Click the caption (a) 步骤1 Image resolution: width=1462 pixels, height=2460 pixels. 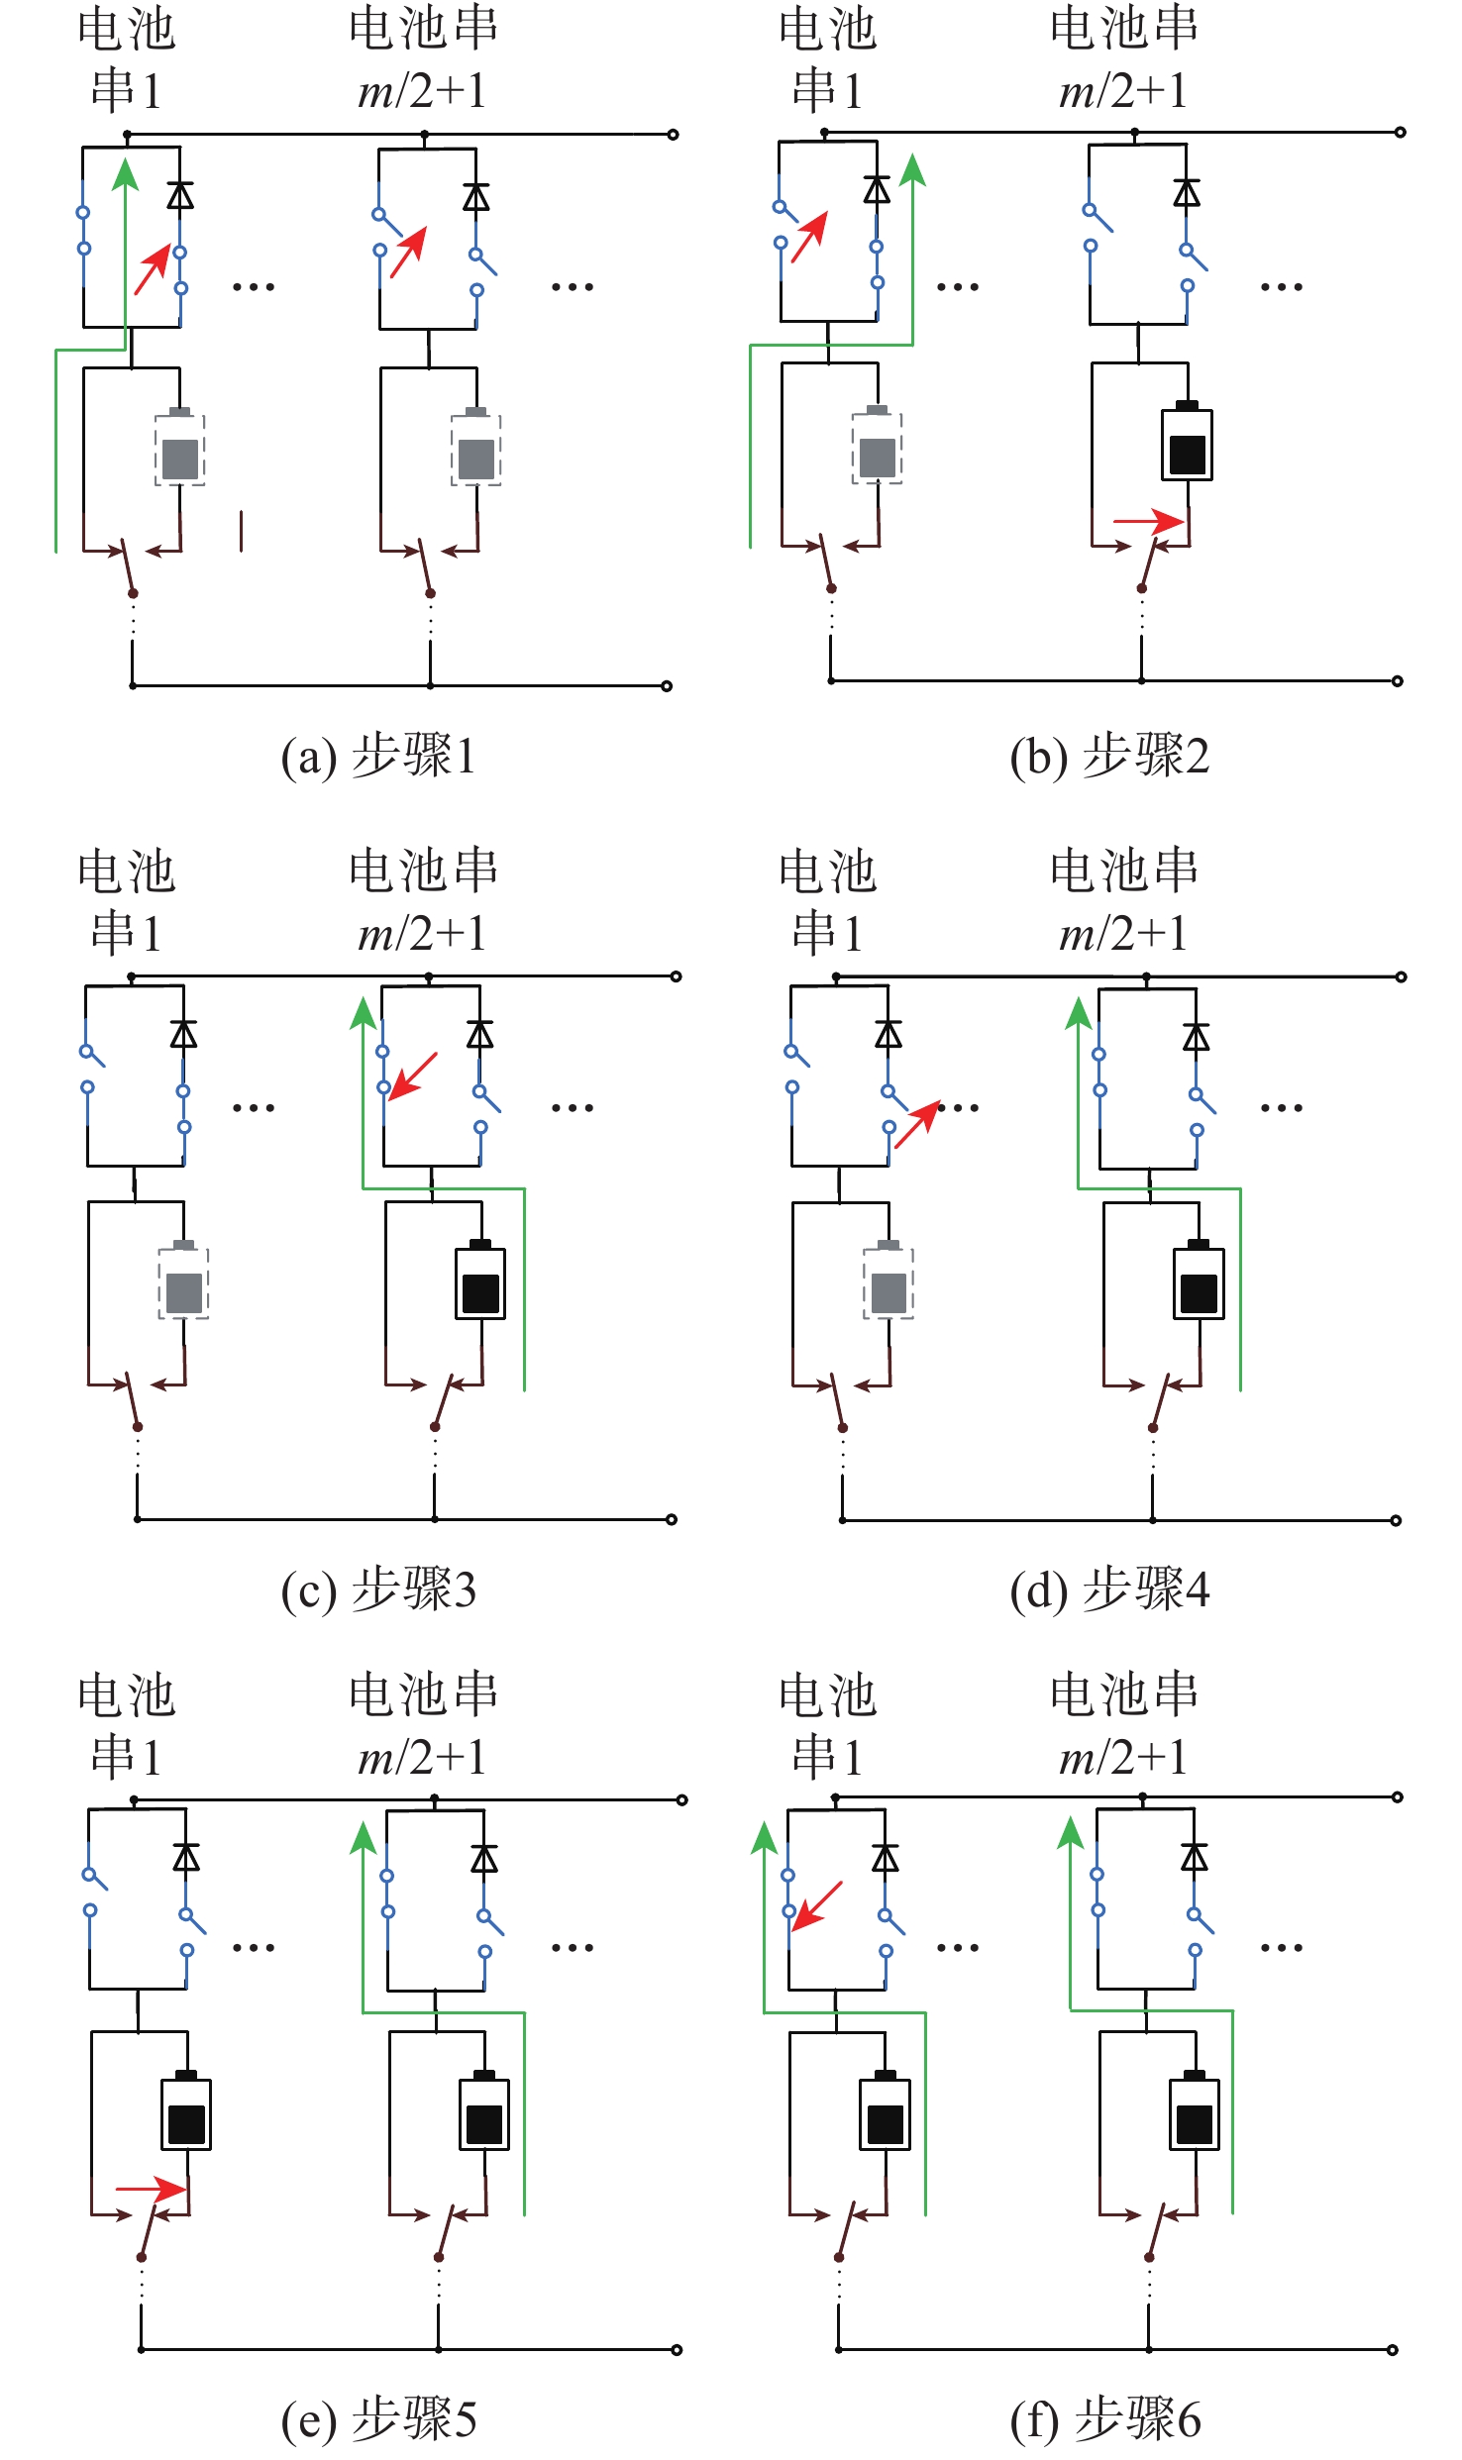coord(378,757)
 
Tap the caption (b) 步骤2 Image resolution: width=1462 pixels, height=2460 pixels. coord(1109,757)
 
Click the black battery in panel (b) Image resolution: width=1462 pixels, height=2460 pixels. coord(1187,443)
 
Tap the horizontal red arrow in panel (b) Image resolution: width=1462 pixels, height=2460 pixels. coord(1149,521)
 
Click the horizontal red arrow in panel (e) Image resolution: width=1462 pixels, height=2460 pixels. coord(152,2189)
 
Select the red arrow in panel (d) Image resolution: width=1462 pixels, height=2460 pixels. coord(917,1125)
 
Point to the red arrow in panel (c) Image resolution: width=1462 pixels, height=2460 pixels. coord(413,1076)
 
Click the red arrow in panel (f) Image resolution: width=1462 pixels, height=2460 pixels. coord(817,1905)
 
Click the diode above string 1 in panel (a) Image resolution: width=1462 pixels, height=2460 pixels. coord(179,195)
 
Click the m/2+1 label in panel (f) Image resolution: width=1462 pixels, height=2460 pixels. coord(1122,1757)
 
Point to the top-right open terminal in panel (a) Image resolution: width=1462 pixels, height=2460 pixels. coord(673,135)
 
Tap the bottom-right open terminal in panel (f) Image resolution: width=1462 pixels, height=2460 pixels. coord(1392,2349)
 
